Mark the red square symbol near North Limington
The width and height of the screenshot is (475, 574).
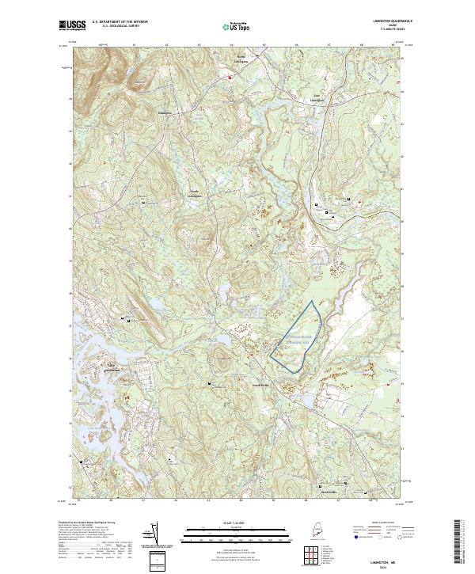230,78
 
